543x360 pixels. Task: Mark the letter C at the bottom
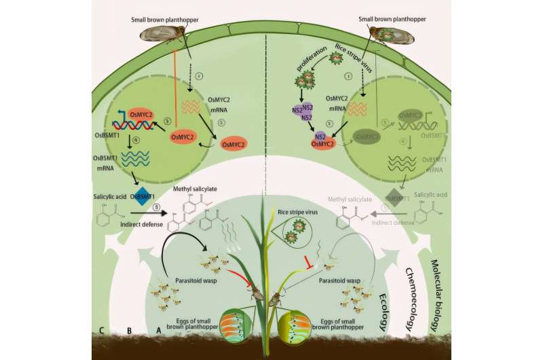(x=100, y=331)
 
